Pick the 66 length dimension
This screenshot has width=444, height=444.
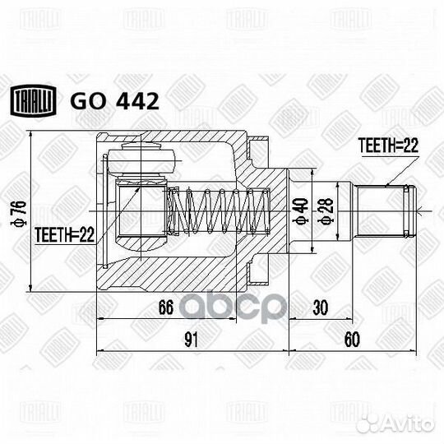[165, 308]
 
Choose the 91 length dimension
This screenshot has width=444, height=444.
[190, 339]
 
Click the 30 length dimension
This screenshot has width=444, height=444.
[321, 308]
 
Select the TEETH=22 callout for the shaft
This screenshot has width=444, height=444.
[388, 146]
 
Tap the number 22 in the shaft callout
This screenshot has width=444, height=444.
[410, 146]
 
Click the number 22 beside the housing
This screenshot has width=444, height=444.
[87, 235]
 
